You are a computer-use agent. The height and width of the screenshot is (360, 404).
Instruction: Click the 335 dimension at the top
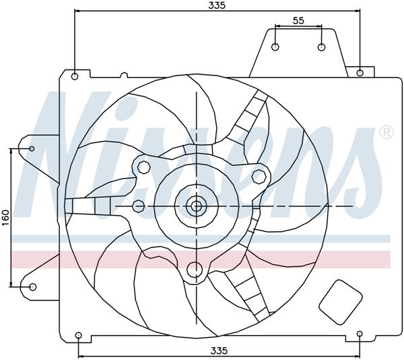point(217,5)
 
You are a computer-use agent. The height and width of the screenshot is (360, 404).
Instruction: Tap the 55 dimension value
point(298,21)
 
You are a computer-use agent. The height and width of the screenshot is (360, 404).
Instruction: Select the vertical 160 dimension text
point(5,218)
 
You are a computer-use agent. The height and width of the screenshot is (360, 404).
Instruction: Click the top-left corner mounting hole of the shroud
point(75,76)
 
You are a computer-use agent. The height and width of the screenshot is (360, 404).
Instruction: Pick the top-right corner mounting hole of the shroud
point(361,73)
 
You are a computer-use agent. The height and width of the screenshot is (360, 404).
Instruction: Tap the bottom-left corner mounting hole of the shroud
point(79,335)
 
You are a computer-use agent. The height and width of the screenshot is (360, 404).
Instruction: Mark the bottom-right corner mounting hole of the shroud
point(360,334)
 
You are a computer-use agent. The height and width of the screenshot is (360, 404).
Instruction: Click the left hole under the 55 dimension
point(276,47)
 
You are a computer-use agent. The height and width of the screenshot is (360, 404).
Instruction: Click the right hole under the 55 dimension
point(321,47)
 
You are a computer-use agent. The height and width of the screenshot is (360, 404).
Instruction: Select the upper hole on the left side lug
point(32,149)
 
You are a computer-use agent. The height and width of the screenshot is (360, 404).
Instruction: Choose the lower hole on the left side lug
point(32,288)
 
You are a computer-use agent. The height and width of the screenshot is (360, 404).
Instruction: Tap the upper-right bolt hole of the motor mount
point(257,176)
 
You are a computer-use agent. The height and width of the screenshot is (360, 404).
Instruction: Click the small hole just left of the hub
point(139,206)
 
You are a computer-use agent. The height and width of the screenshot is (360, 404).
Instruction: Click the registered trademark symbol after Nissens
point(386,133)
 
